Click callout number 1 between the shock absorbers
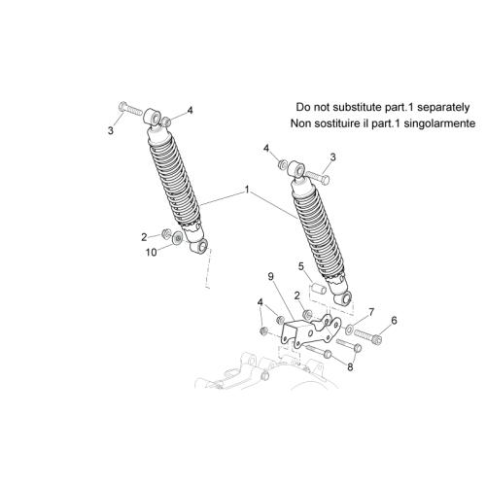point(247,190)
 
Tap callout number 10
point(151,252)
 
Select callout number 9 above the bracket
point(271,276)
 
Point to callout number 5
point(301,266)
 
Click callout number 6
point(394,321)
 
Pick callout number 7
point(371,312)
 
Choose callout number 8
point(350,367)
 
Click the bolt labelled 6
point(368,335)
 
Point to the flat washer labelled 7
point(349,329)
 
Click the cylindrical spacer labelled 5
point(318,288)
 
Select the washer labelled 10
point(177,238)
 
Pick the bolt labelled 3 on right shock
point(318,177)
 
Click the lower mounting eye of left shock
point(198,246)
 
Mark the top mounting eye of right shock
point(296,168)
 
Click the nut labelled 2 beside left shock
point(166,233)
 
